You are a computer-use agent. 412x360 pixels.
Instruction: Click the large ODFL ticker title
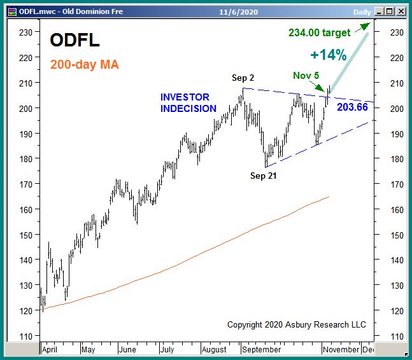pos(75,40)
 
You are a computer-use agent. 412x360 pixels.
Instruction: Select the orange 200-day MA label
pos(85,64)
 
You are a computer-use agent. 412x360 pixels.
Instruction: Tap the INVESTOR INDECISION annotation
pos(188,103)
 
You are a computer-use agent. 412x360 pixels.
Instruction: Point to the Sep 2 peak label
pos(243,78)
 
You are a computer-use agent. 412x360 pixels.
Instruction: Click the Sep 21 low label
pos(263,176)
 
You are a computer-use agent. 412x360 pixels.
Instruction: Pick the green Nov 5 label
pos(306,76)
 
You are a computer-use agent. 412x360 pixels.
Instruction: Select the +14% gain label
pos(329,55)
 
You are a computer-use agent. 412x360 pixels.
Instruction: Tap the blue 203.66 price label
pos(352,107)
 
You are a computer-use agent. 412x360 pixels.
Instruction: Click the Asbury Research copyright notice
pos(297,324)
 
